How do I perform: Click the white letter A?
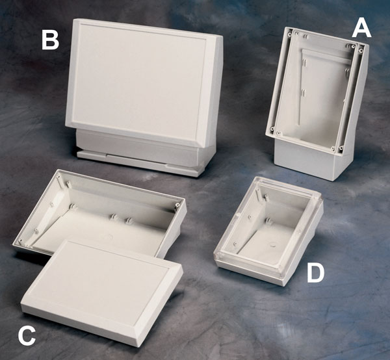(361, 29)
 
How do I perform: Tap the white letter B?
(50, 40)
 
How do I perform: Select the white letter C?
(27, 336)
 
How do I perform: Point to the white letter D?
(315, 273)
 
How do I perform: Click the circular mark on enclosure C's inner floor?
(108, 237)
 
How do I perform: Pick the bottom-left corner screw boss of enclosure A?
(273, 129)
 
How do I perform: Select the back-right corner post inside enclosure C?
(177, 205)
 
